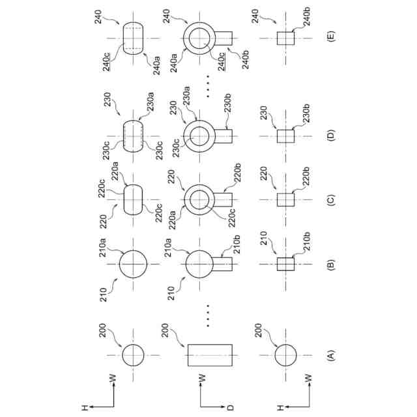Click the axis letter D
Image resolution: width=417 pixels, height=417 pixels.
point(230,409)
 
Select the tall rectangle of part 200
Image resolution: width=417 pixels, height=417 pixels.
point(210,355)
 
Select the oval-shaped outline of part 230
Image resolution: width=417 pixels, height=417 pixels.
point(133,136)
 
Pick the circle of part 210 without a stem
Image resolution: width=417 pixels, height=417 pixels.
point(133,265)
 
